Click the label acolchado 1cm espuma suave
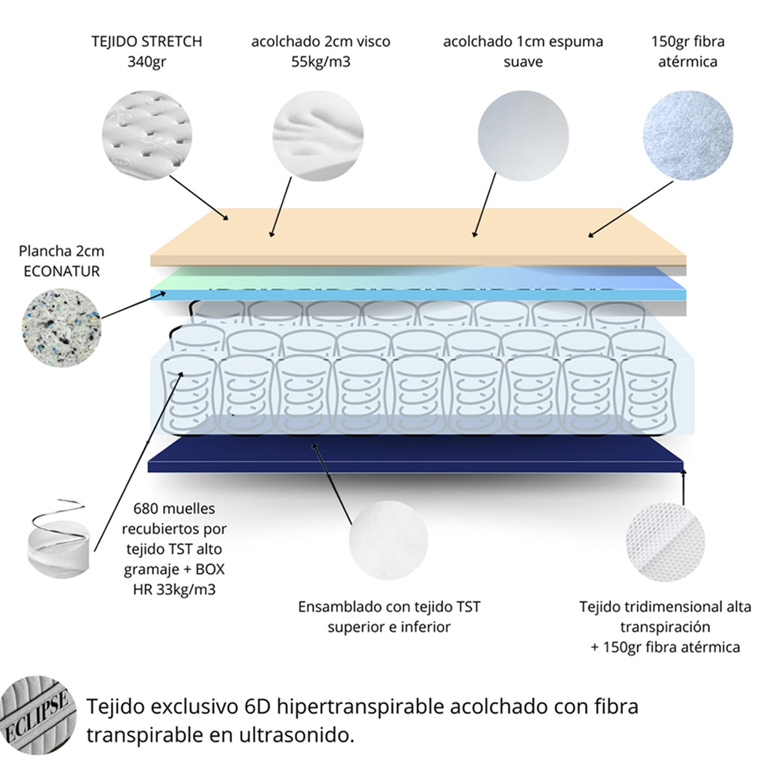click(523, 51)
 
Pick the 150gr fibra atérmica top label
click(687, 51)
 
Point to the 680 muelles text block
click(174, 549)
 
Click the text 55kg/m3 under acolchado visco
click(320, 61)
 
